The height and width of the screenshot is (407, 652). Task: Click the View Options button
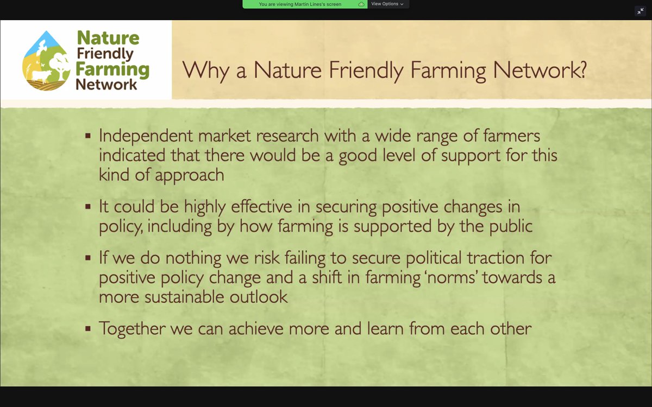pos(387,4)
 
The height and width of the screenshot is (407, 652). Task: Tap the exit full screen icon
pos(640,11)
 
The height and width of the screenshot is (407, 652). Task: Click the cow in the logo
pos(42,75)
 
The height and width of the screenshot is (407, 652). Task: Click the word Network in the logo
pos(106,85)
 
